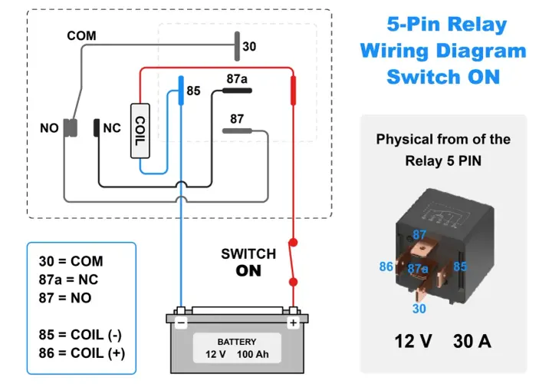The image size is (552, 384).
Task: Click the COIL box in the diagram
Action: coord(140,131)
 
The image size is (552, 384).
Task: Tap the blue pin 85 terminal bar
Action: coord(181,91)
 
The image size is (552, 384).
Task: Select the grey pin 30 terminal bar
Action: coord(237,46)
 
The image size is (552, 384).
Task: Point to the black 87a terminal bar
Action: coord(237,91)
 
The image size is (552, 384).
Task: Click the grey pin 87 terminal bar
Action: coord(237,131)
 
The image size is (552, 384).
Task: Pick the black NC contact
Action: coord(97,127)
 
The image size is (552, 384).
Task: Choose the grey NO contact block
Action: coord(71,127)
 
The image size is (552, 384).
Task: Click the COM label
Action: coord(81,35)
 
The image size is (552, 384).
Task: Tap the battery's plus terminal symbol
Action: coord(293,323)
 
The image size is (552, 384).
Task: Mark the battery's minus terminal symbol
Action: coord(181,323)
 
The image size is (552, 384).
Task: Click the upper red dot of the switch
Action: coord(293,242)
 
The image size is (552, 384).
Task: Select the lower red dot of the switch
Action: coord(293,282)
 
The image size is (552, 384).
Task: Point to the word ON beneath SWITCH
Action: coord(248,271)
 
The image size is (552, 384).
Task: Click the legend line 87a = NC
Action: coord(68,280)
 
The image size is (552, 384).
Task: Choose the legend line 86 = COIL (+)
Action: coord(82,353)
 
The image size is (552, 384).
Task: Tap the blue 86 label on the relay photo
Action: coord(386,266)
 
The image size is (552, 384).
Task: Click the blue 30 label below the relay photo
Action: coord(419,309)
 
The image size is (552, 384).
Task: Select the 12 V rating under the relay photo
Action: coord(413,341)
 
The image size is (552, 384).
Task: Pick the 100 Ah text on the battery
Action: coord(253,354)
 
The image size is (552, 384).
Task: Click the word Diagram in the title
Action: coord(481,51)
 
